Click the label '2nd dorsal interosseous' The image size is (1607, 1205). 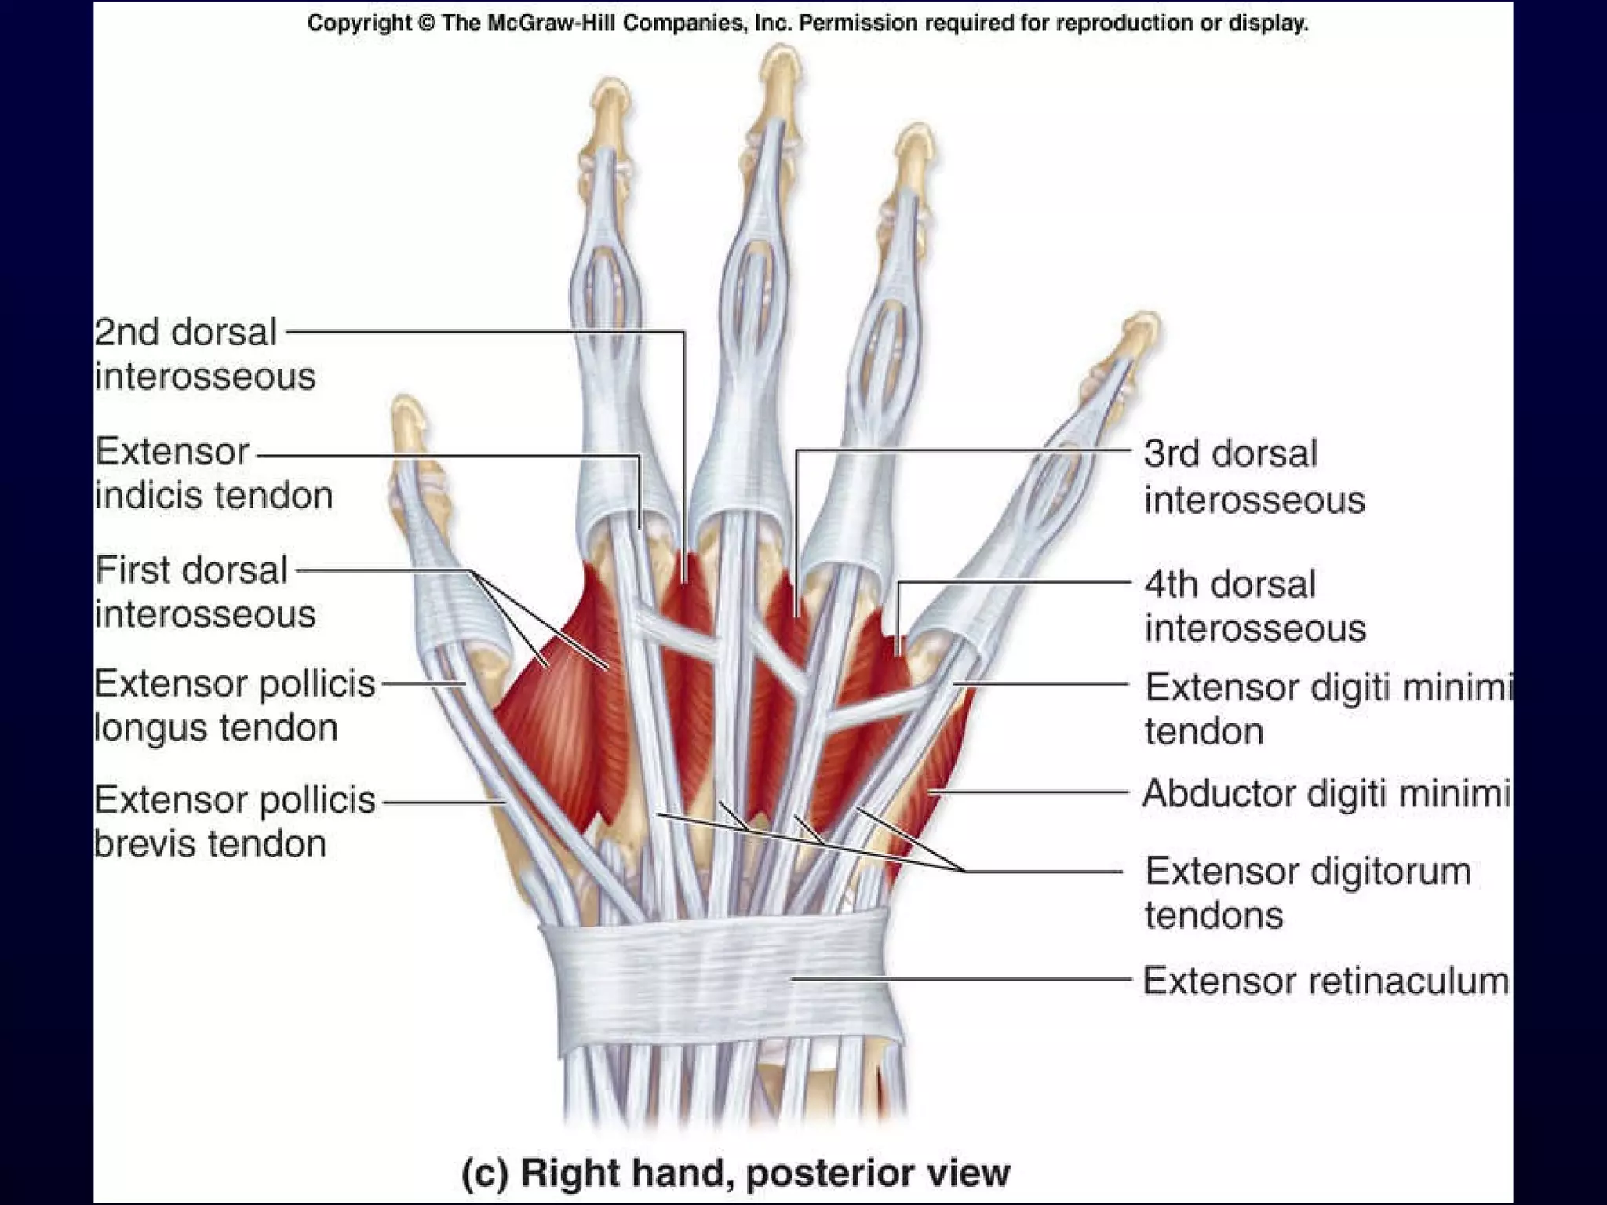(205, 354)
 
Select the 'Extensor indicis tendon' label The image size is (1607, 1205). (213, 473)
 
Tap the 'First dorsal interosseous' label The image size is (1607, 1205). (205, 592)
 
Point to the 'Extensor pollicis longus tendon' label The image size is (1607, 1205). (235, 705)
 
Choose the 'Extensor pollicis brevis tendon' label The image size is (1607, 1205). (235, 821)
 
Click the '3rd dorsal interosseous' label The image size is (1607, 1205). (1254, 476)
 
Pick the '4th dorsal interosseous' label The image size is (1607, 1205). (1254, 606)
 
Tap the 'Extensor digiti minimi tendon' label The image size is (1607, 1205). (1326, 708)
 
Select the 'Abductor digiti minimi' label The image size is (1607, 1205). (1326, 793)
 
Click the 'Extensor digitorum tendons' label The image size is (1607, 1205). (1306, 893)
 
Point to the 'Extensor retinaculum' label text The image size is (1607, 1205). (1325, 981)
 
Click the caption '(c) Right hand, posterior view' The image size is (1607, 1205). (735, 1172)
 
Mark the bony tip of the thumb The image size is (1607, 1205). (408, 416)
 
